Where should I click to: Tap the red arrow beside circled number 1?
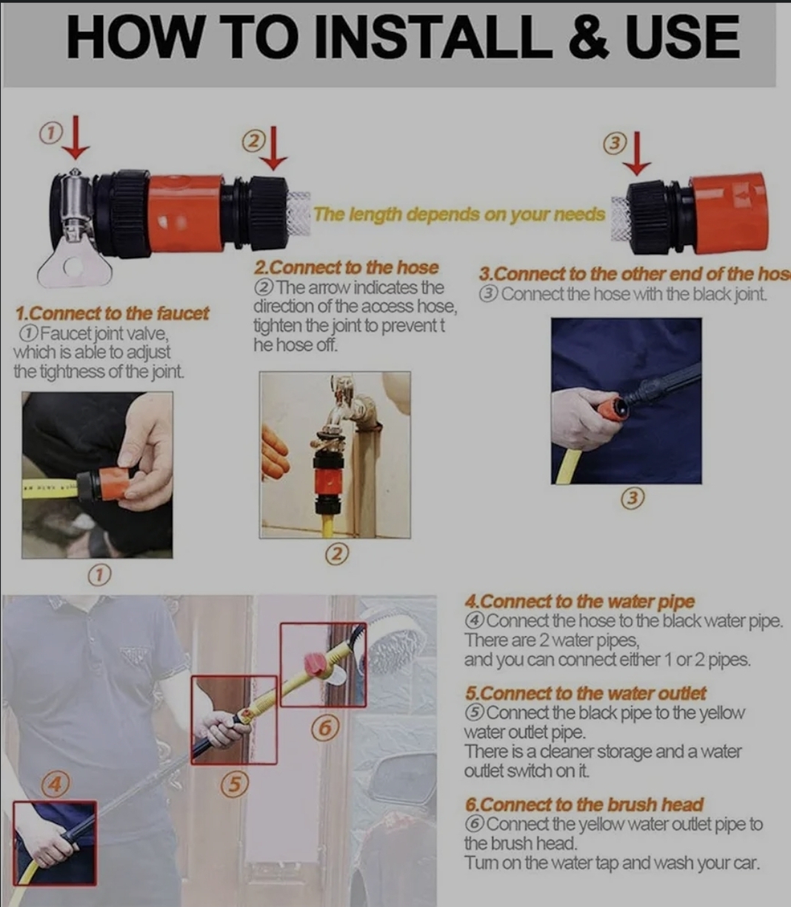pos(76,138)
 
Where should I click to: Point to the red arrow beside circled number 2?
pos(273,149)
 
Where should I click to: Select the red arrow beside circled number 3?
pos(637,153)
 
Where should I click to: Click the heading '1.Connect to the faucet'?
pos(112,313)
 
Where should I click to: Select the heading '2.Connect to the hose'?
pos(346,267)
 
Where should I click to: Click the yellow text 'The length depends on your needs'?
pos(459,215)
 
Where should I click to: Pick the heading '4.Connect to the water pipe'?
pos(579,601)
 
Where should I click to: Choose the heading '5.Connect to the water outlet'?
pos(585,693)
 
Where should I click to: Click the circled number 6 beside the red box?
pos(325,728)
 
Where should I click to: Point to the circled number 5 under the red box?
pos(235,785)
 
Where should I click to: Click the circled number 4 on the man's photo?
pos(56,784)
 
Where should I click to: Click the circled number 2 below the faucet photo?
pos(337,554)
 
